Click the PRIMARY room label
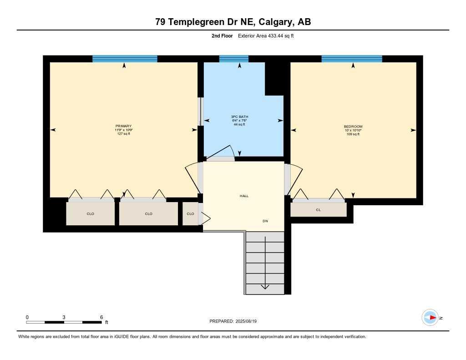click(x=123, y=126)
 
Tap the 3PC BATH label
click(x=239, y=117)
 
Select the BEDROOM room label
click(x=353, y=126)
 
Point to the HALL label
click(x=244, y=196)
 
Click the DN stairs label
click(x=265, y=221)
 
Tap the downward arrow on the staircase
click(x=265, y=286)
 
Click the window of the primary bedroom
click(x=125, y=59)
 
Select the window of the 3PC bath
click(x=234, y=59)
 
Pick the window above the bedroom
click(x=352, y=59)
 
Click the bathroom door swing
click(x=225, y=153)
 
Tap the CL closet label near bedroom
click(x=318, y=210)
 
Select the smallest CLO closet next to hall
click(x=190, y=214)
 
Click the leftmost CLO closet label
click(x=90, y=214)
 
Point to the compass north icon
click(x=431, y=317)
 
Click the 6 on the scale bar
click(x=101, y=317)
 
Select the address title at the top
click(x=233, y=22)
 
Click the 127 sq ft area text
click(x=123, y=134)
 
